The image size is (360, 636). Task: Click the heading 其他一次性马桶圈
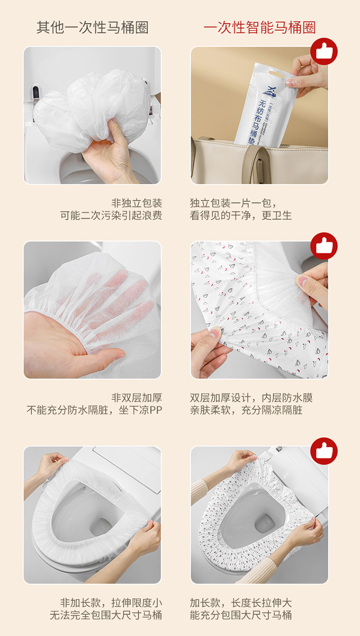(x=93, y=27)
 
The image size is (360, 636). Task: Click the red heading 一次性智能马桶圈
(x=260, y=27)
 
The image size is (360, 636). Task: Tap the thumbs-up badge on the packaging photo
(x=324, y=51)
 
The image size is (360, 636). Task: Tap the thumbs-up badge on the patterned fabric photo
(x=324, y=246)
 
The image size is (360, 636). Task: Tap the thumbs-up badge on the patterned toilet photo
(x=324, y=451)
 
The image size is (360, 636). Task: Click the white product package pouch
(x=262, y=106)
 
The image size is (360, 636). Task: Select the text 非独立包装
(x=136, y=203)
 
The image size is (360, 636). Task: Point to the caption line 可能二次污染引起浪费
(x=111, y=216)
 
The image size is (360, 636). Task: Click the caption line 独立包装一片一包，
(x=233, y=203)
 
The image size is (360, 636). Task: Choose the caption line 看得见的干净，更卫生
(x=241, y=216)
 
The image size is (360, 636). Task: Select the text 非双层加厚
(x=136, y=397)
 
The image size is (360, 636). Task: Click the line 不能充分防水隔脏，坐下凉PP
(x=95, y=410)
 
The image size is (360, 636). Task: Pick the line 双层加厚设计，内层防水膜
(x=251, y=397)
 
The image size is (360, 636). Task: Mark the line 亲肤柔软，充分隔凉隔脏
(x=246, y=410)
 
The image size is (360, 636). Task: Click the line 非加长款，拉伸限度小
(x=111, y=602)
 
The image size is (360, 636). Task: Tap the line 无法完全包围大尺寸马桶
(x=106, y=615)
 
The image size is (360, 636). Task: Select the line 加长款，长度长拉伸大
(x=241, y=602)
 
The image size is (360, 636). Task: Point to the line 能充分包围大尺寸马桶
(x=241, y=615)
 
